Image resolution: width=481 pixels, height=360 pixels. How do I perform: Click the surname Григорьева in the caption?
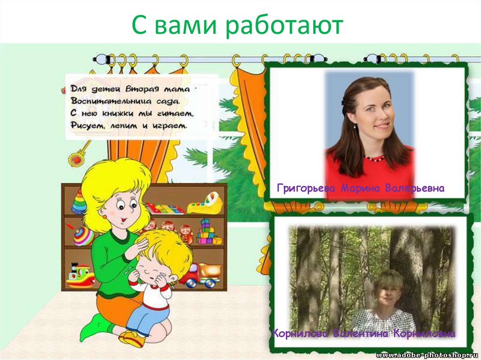point(306,188)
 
